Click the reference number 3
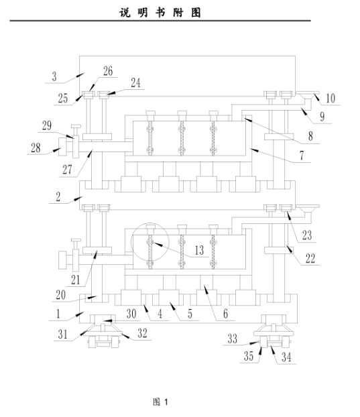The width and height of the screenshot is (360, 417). (x=54, y=76)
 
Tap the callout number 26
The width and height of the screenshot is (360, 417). (x=108, y=71)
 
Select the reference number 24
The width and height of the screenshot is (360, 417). (x=135, y=82)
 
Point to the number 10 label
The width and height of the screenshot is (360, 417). (x=331, y=99)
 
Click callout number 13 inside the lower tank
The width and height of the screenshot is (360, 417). (x=199, y=250)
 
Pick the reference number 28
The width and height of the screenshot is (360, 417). (x=36, y=148)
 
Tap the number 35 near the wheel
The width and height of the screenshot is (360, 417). (x=249, y=356)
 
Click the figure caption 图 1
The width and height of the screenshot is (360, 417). (x=160, y=402)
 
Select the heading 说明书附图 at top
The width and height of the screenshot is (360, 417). (x=160, y=13)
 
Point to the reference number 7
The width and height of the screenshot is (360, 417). (x=302, y=156)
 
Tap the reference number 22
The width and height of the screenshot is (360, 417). (x=310, y=258)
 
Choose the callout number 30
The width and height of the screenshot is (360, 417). (x=131, y=314)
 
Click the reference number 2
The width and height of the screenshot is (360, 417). (x=58, y=197)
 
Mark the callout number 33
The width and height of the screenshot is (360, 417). (x=232, y=339)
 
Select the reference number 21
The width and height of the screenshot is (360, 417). (x=75, y=280)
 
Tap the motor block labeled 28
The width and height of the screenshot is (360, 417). (x=62, y=147)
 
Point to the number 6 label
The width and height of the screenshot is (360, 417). (x=225, y=314)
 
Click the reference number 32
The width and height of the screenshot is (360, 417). (x=142, y=333)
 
